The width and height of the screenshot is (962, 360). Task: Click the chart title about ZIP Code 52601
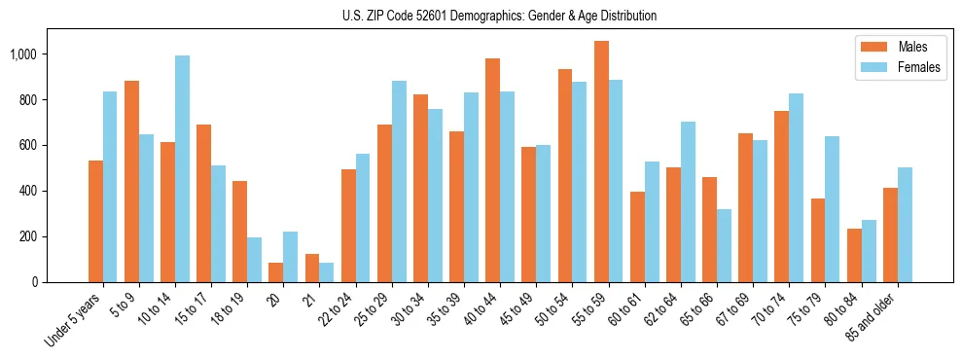(500, 16)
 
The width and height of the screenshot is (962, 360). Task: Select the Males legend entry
(899, 47)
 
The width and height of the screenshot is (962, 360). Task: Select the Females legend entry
(899, 70)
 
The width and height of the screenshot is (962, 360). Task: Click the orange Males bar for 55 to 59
(601, 162)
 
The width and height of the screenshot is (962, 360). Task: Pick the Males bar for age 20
(276, 272)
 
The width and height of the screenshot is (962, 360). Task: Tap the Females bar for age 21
(327, 272)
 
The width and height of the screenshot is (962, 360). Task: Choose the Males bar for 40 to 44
(493, 170)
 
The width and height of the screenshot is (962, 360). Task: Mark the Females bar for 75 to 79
(832, 209)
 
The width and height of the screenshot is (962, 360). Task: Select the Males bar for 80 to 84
(854, 255)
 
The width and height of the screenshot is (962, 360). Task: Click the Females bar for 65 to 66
(724, 245)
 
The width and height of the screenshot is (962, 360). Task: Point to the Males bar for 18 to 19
(240, 232)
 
